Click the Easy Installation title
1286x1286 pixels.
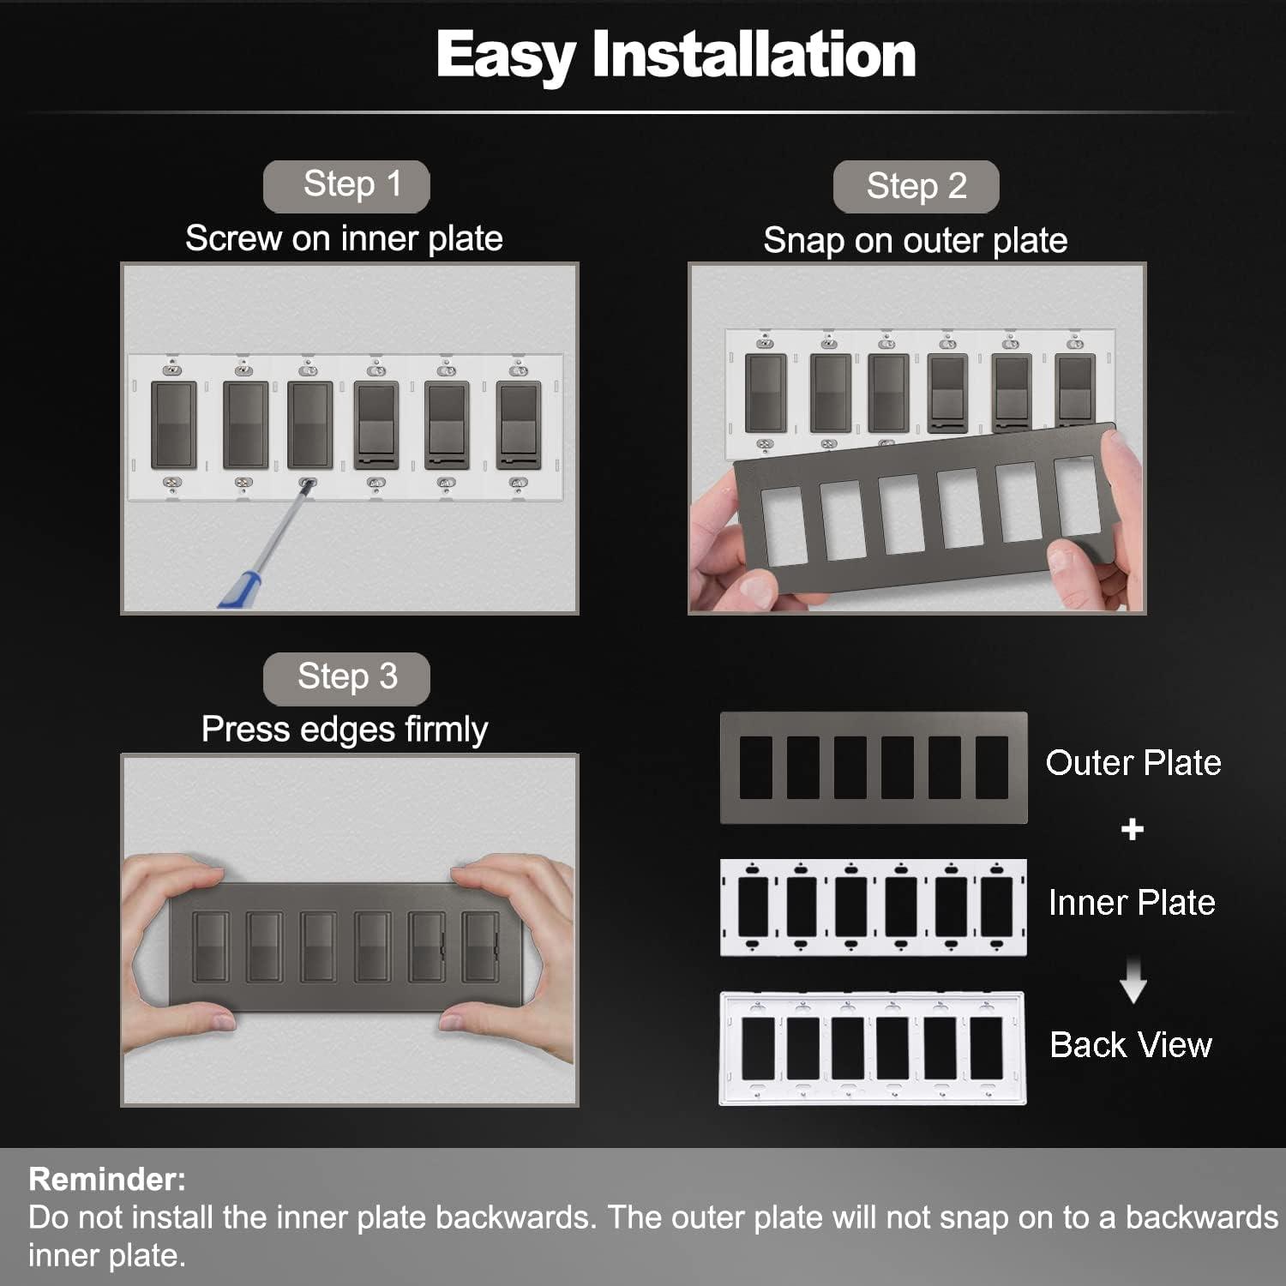point(676,55)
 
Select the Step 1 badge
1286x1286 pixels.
point(346,185)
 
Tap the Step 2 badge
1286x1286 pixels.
point(916,186)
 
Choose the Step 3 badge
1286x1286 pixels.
point(346,677)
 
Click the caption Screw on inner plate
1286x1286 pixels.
point(344,238)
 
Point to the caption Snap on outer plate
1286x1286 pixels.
point(915,241)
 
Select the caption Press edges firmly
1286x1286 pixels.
point(344,730)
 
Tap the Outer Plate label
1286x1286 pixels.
point(1133,763)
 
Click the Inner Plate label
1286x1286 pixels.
point(1131,903)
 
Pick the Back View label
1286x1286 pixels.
point(1130,1045)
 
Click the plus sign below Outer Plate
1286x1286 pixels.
point(1132,829)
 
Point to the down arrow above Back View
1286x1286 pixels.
point(1133,982)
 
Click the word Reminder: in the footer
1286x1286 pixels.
point(107,1180)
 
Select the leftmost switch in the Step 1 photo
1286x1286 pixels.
point(174,425)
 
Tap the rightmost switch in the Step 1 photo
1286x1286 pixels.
point(518,425)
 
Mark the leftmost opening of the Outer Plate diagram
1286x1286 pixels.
point(755,767)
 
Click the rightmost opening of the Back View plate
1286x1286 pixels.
point(986,1048)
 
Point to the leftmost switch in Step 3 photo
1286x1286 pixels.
point(210,946)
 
